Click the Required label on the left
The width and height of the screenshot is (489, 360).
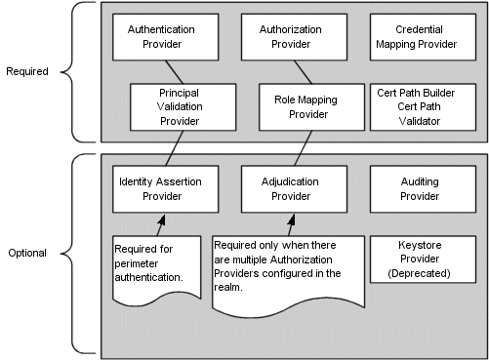27,71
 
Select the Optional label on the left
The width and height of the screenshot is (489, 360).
26,252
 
